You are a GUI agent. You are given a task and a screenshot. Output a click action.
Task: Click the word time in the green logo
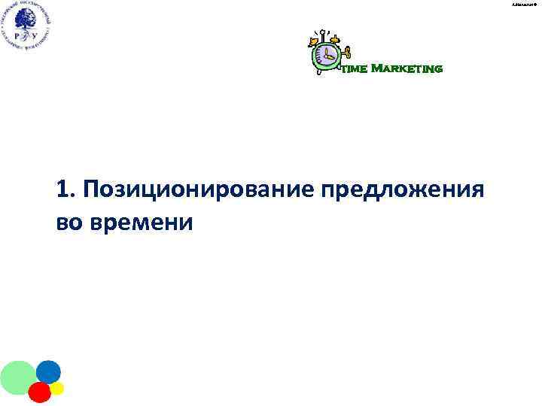[355, 69]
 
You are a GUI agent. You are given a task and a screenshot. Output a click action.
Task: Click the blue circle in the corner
[48, 371]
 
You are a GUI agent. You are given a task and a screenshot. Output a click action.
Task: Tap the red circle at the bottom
[39, 392]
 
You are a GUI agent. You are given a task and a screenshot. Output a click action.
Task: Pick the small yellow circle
[57, 388]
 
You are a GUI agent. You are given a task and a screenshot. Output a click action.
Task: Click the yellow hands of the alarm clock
[327, 55]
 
